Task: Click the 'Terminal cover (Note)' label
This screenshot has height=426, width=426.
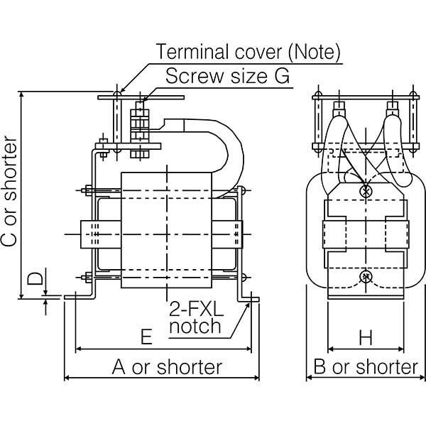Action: coord(248,52)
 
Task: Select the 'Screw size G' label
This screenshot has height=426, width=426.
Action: coord(227,77)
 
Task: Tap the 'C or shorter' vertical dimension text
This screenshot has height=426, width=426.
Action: coord(10,191)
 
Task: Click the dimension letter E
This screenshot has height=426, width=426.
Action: coord(146,337)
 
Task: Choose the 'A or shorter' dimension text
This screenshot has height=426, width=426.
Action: coord(168,367)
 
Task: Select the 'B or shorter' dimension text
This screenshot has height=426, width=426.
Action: coord(366,367)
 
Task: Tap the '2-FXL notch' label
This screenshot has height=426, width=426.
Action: coord(195,318)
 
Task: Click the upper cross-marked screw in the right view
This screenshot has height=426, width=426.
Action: coord(366,190)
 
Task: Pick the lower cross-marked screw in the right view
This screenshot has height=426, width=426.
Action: coord(366,277)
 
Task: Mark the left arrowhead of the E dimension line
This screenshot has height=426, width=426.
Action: coord(78,349)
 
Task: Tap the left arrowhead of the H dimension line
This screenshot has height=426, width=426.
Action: coord(331,349)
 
